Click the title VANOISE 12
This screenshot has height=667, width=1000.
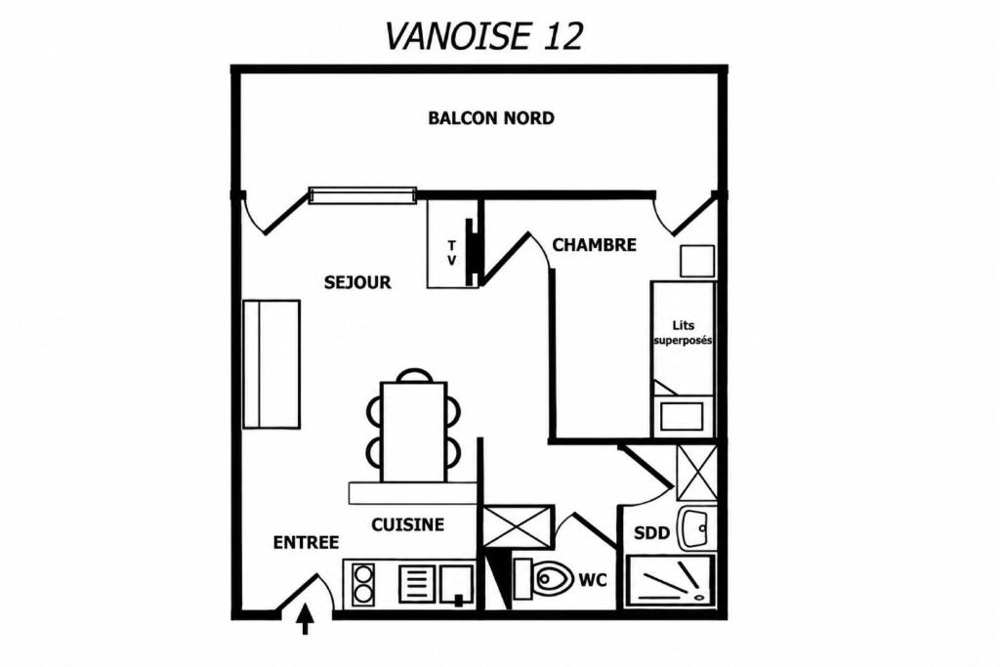[483, 36]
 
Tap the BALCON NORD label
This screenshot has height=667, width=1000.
[491, 118]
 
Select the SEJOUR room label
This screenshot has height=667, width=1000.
[357, 282]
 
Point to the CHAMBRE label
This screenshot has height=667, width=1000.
[594, 245]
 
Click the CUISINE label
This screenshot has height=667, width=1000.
[407, 524]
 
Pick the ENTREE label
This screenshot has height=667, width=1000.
[306, 543]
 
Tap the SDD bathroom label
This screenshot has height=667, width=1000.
[651, 532]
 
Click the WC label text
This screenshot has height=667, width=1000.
[593, 580]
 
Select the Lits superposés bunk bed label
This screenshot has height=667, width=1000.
[683, 333]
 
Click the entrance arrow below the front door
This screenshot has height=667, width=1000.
[306, 620]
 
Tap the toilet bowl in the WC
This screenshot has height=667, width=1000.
[551, 579]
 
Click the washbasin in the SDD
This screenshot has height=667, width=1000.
[695, 528]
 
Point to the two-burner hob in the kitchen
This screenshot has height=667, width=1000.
[363, 584]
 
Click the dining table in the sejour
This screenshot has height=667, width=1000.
[413, 431]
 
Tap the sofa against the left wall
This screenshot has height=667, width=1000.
[271, 363]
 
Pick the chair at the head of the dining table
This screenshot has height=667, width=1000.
[413, 375]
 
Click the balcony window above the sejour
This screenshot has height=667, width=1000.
[362, 195]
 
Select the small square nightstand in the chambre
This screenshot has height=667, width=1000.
[697, 261]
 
